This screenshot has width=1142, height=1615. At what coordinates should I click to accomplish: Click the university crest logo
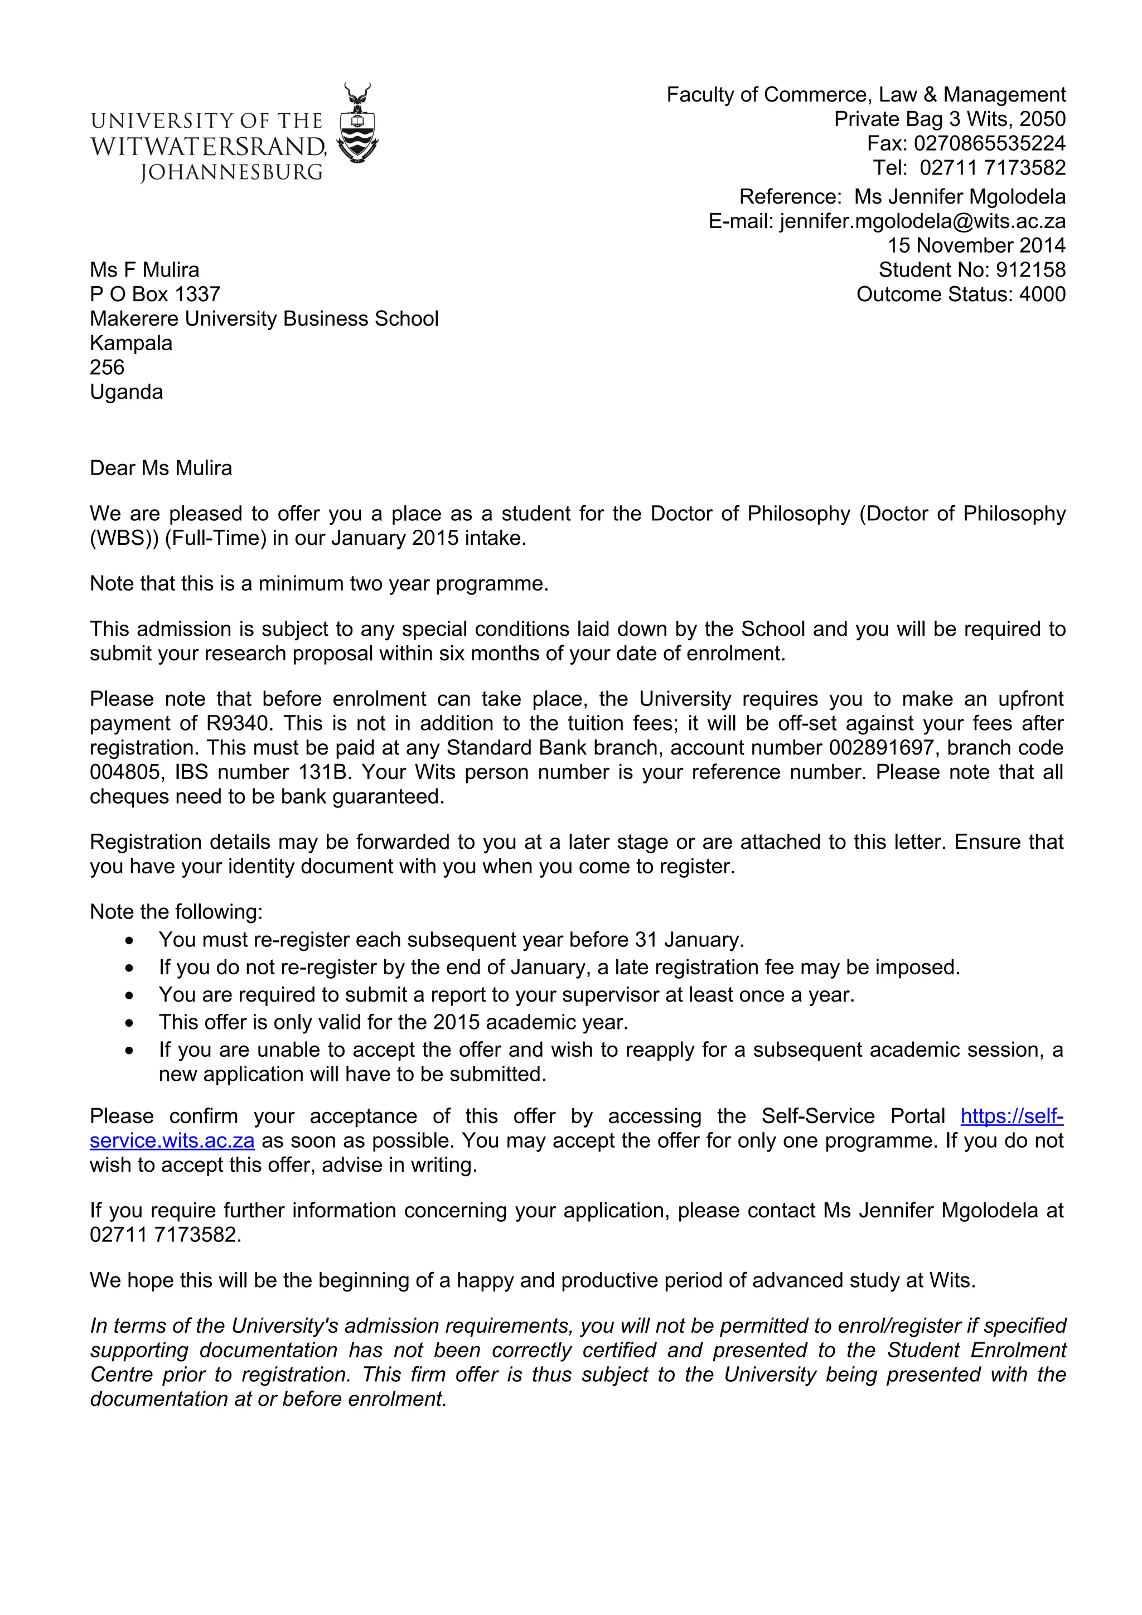pyautogui.click(x=357, y=124)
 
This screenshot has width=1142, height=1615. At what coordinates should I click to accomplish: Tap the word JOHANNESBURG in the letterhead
pyautogui.click(x=231, y=172)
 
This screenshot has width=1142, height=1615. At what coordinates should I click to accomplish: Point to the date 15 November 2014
pyautogui.click(x=975, y=245)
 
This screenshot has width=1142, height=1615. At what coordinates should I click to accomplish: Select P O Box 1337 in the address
pyautogui.click(x=154, y=294)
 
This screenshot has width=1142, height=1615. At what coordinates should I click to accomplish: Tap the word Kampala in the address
pyautogui.click(x=131, y=344)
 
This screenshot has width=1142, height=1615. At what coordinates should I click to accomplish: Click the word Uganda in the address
pyautogui.click(x=126, y=392)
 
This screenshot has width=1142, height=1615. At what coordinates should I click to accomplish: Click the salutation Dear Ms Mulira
pyautogui.click(x=161, y=468)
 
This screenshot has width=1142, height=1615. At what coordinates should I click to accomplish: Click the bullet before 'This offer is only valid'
pyautogui.click(x=129, y=1023)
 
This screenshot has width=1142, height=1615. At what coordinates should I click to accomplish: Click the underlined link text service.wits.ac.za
pyautogui.click(x=172, y=1140)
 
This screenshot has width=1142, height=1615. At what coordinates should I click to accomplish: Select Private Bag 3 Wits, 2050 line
pyautogui.click(x=949, y=119)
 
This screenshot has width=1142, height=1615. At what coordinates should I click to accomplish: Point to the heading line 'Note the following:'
pyautogui.click(x=176, y=912)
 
